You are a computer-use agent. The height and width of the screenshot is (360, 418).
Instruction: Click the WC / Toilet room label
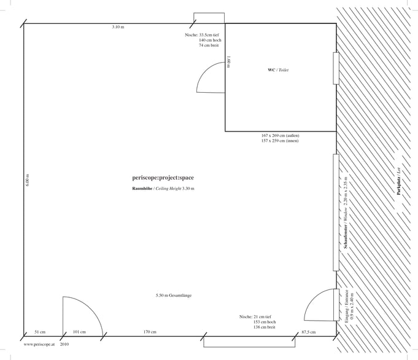tap(278, 70)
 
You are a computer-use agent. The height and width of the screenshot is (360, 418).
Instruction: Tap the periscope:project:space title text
tap(163, 178)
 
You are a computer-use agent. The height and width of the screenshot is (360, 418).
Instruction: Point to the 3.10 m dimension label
tap(118, 27)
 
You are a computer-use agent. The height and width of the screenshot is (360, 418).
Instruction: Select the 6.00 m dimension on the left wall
tap(28, 180)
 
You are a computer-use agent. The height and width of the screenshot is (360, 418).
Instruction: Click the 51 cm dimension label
tap(40, 332)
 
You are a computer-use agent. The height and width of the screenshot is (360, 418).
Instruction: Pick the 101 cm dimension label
tap(79, 332)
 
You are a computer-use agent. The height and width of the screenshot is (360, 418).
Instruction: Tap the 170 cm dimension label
tap(150, 332)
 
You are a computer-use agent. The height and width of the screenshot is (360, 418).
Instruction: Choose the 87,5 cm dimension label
tap(309, 332)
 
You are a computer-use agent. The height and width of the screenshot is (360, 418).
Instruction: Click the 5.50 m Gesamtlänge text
tap(174, 295)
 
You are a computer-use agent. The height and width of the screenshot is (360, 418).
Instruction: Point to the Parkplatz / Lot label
tap(399, 181)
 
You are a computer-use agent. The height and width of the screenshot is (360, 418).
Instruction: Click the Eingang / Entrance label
tap(347, 307)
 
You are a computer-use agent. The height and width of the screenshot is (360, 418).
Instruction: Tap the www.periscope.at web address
tap(39, 345)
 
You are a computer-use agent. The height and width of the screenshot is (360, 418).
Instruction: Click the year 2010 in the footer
tap(64, 344)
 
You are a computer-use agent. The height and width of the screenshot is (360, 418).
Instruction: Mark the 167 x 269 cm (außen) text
tap(280, 136)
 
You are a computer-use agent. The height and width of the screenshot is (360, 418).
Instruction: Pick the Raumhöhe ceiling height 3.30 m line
tap(163, 189)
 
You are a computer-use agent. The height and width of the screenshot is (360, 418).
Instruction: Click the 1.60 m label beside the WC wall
tap(229, 62)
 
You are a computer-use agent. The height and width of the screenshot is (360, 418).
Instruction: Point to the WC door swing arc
tap(204, 71)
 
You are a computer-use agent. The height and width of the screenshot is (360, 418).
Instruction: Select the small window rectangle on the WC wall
tap(336, 68)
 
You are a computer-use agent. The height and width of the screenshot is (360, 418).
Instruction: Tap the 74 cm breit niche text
tap(209, 45)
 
